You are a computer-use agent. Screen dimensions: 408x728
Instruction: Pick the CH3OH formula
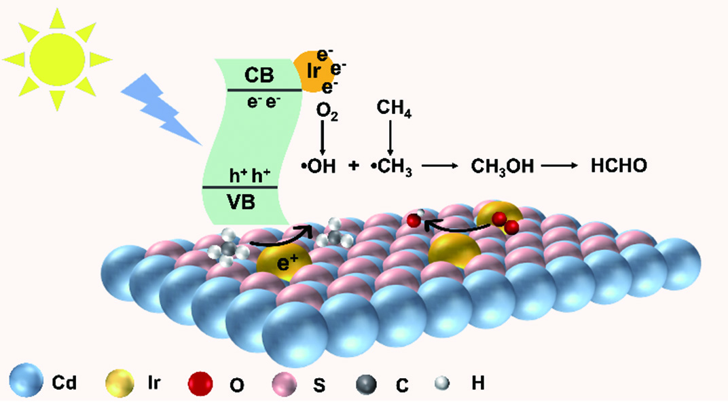pos(500,166)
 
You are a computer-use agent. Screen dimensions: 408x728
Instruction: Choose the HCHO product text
pos(611,166)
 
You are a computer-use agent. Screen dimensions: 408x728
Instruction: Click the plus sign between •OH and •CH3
pos(354,166)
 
